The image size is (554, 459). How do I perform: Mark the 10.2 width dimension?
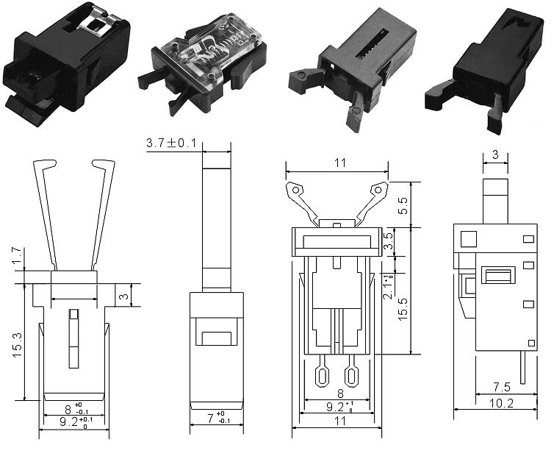pyautogui.click(x=501, y=402)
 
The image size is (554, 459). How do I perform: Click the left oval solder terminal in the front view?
pyautogui.click(x=322, y=376)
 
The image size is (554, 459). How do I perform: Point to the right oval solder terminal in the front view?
pyautogui.click(x=351, y=376)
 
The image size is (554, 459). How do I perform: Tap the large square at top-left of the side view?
pyautogui.click(x=467, y=238)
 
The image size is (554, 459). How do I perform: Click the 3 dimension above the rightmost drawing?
pyautogui.click(x=496, y=154)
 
